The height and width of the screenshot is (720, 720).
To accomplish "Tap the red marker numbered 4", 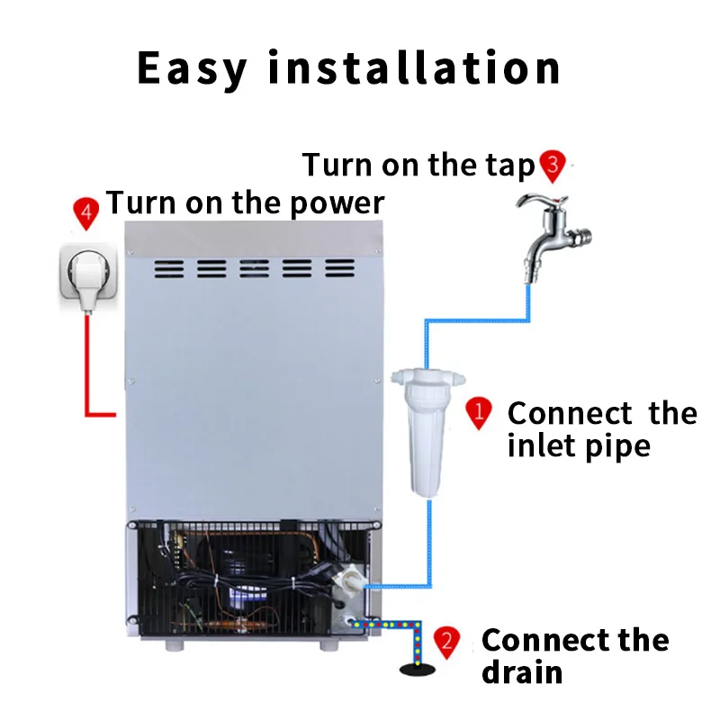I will (x=85, y=213).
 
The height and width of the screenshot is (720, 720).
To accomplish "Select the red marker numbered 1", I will (x=479, y=414).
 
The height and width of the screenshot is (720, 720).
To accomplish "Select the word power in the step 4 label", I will (x=337, y=203).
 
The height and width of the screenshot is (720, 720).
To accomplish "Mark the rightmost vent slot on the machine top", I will (x=340, y=269).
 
